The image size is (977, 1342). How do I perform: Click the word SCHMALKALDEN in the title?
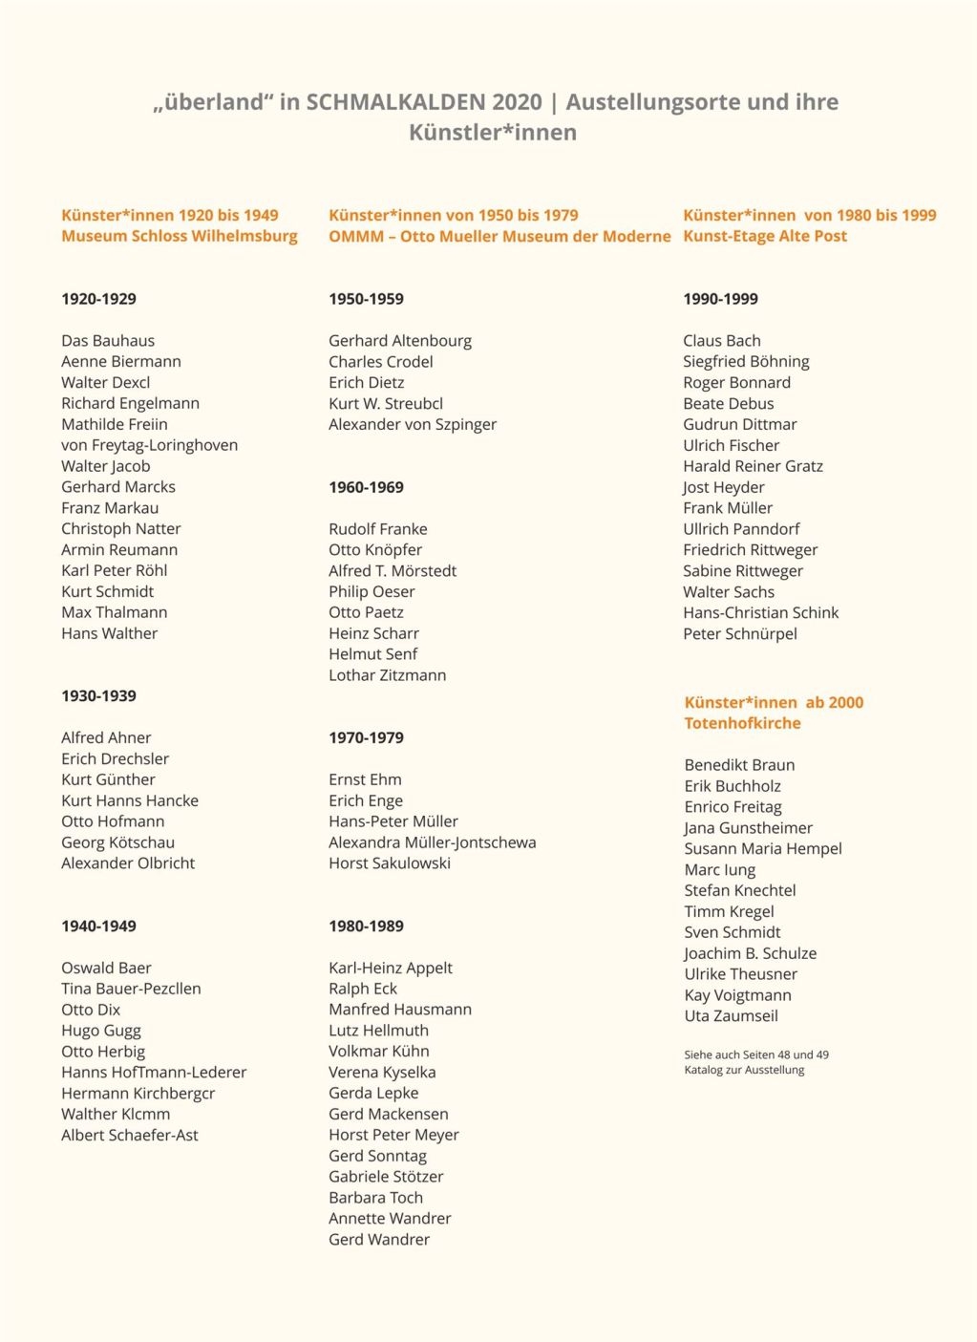[x=423, y=102]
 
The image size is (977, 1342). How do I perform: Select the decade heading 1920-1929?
[x=98, y=299]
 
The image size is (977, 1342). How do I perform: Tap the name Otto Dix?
[x=91, y=1010]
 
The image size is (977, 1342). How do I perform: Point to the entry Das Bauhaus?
[x=108, y=341]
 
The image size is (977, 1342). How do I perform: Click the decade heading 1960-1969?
[x=366, y=487]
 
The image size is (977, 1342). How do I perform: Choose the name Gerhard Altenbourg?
[x=400, y=341]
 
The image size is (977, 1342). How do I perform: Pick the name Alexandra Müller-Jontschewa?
[x=432, y=842]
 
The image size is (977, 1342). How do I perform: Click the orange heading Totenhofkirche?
[x=742, y=723]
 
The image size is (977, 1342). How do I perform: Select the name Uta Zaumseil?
[x=731, y=1016]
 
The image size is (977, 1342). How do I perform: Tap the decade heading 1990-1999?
[x=720, y=299]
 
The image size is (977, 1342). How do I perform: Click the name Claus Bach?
[x=721, y=341]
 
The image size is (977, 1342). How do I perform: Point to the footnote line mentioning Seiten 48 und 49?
[x=755, y=1054]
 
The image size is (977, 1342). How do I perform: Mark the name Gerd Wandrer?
[x=379, y=1240]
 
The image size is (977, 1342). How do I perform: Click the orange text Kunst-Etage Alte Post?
[x=764, y=236]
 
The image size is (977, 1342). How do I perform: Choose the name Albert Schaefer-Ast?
[x=130, y=1136]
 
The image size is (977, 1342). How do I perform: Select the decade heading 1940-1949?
[x=98, y=927]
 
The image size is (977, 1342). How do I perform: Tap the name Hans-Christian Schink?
[x=760, y=613]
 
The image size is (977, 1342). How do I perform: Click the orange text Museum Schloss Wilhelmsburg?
[x=179, y=236]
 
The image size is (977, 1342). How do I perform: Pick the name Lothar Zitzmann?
[x=387, y=675]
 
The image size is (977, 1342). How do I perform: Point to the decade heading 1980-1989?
[x=366, y=927]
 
